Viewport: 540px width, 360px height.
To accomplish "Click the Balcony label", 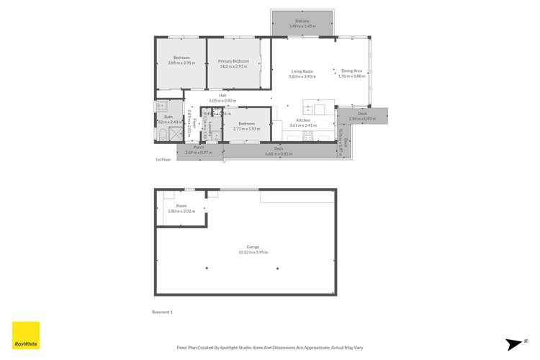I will tap(302, 22).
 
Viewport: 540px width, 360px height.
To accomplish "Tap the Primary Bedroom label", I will tap(233, 61).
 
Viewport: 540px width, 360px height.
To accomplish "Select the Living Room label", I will tap(302, 71).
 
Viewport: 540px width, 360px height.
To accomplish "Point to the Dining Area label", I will tap(352, 71).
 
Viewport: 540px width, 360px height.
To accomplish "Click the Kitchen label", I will tap(303, 120).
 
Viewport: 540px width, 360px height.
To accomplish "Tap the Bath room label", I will tap(168, 117).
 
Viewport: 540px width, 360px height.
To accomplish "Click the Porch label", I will tap(198, 148).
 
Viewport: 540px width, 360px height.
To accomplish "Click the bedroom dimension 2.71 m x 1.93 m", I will tap(248, 129).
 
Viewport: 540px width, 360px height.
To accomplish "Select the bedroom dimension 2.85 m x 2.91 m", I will tap(181, 63).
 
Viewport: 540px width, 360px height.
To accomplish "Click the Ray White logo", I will tap(26, 336).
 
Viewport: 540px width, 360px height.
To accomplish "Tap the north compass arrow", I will tap(513, 343).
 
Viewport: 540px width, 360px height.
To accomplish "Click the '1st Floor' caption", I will tap(163, 160).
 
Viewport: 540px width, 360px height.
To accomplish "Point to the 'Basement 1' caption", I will tap(163, 312).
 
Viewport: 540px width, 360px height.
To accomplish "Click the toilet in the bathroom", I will tap(161, 134).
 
